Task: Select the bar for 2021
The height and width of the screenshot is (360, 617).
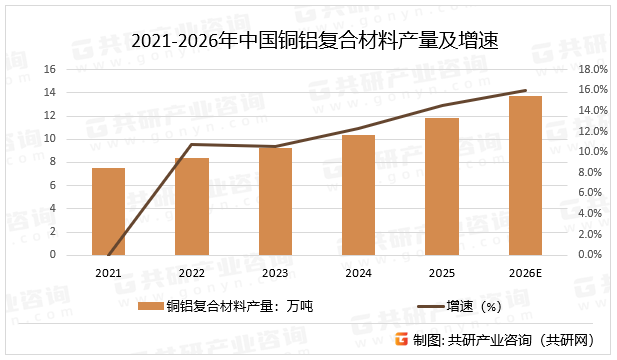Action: tap(108, 211)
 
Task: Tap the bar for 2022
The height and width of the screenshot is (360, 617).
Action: tap(192, 206)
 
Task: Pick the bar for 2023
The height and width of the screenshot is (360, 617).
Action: tap(275, 201)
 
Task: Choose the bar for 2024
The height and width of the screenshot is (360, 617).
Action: tap(359, 195)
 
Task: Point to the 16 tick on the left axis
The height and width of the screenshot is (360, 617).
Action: tap(50, 69)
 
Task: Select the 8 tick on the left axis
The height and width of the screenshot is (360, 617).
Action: tap(53, 162)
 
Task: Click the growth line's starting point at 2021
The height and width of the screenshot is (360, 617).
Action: tap(108, 254)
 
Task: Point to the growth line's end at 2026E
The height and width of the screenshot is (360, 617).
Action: tap(526, 90)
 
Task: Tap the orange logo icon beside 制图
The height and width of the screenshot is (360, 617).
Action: tap(400, 339)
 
